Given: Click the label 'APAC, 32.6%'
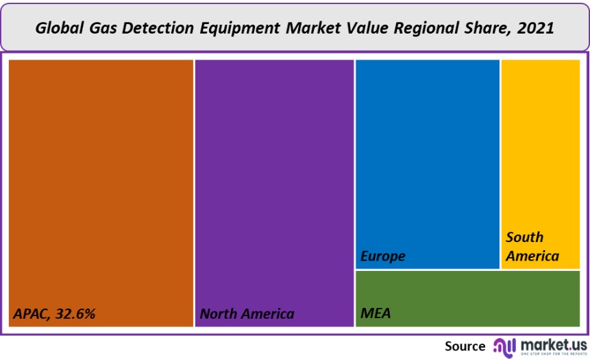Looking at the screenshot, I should [54, 314].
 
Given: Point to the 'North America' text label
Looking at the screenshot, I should [247, 314].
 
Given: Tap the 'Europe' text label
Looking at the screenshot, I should [383, 256].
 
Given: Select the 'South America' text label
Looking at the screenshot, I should [532, 247].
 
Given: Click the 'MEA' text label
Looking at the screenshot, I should [376, 314].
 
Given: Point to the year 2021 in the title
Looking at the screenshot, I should [536, 29].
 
